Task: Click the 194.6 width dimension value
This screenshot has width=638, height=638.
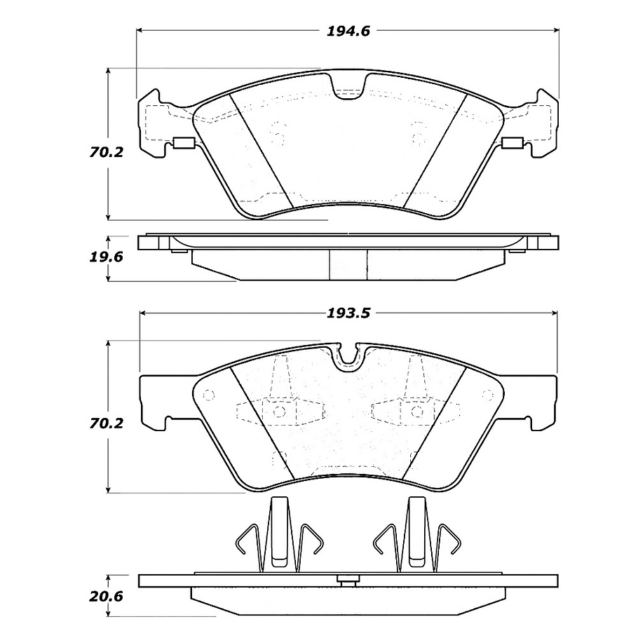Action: [x=348, y=30]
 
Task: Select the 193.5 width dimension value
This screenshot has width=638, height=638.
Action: [x=348, y=313]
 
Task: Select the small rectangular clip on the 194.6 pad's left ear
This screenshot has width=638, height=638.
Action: [x=184, y=145]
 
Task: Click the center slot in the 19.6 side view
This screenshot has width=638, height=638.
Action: [x=348, y=265]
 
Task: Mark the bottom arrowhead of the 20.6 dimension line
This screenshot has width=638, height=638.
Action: [x=108, y=615]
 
